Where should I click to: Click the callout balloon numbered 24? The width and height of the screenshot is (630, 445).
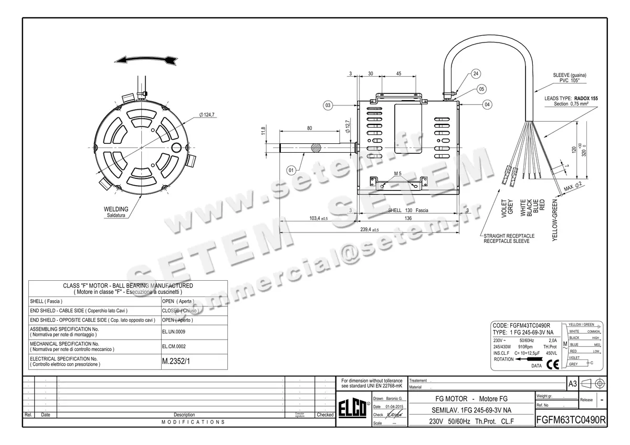(476, 73)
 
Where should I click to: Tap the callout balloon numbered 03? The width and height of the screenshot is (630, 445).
(328, 105)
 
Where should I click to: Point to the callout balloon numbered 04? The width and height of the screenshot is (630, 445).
(488, 105)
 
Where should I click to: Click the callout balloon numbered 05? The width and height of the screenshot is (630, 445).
(481, 89)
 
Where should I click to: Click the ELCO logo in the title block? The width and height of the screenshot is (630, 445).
(353, 410)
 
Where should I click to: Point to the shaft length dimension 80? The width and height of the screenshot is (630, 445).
(309, 128)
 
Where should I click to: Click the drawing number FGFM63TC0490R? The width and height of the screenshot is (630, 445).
(571, 420)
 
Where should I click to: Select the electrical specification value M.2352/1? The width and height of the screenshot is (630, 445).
(176, 362)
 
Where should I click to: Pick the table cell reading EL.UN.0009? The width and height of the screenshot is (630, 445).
(174, 332)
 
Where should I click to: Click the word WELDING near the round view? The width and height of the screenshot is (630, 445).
(116, 209)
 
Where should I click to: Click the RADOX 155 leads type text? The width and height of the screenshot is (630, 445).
(586, 98)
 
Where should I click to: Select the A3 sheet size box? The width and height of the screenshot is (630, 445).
(573, 384)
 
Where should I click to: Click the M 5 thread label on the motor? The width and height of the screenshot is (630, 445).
(397, 173)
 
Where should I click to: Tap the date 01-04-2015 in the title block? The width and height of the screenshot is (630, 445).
(394, 407)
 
